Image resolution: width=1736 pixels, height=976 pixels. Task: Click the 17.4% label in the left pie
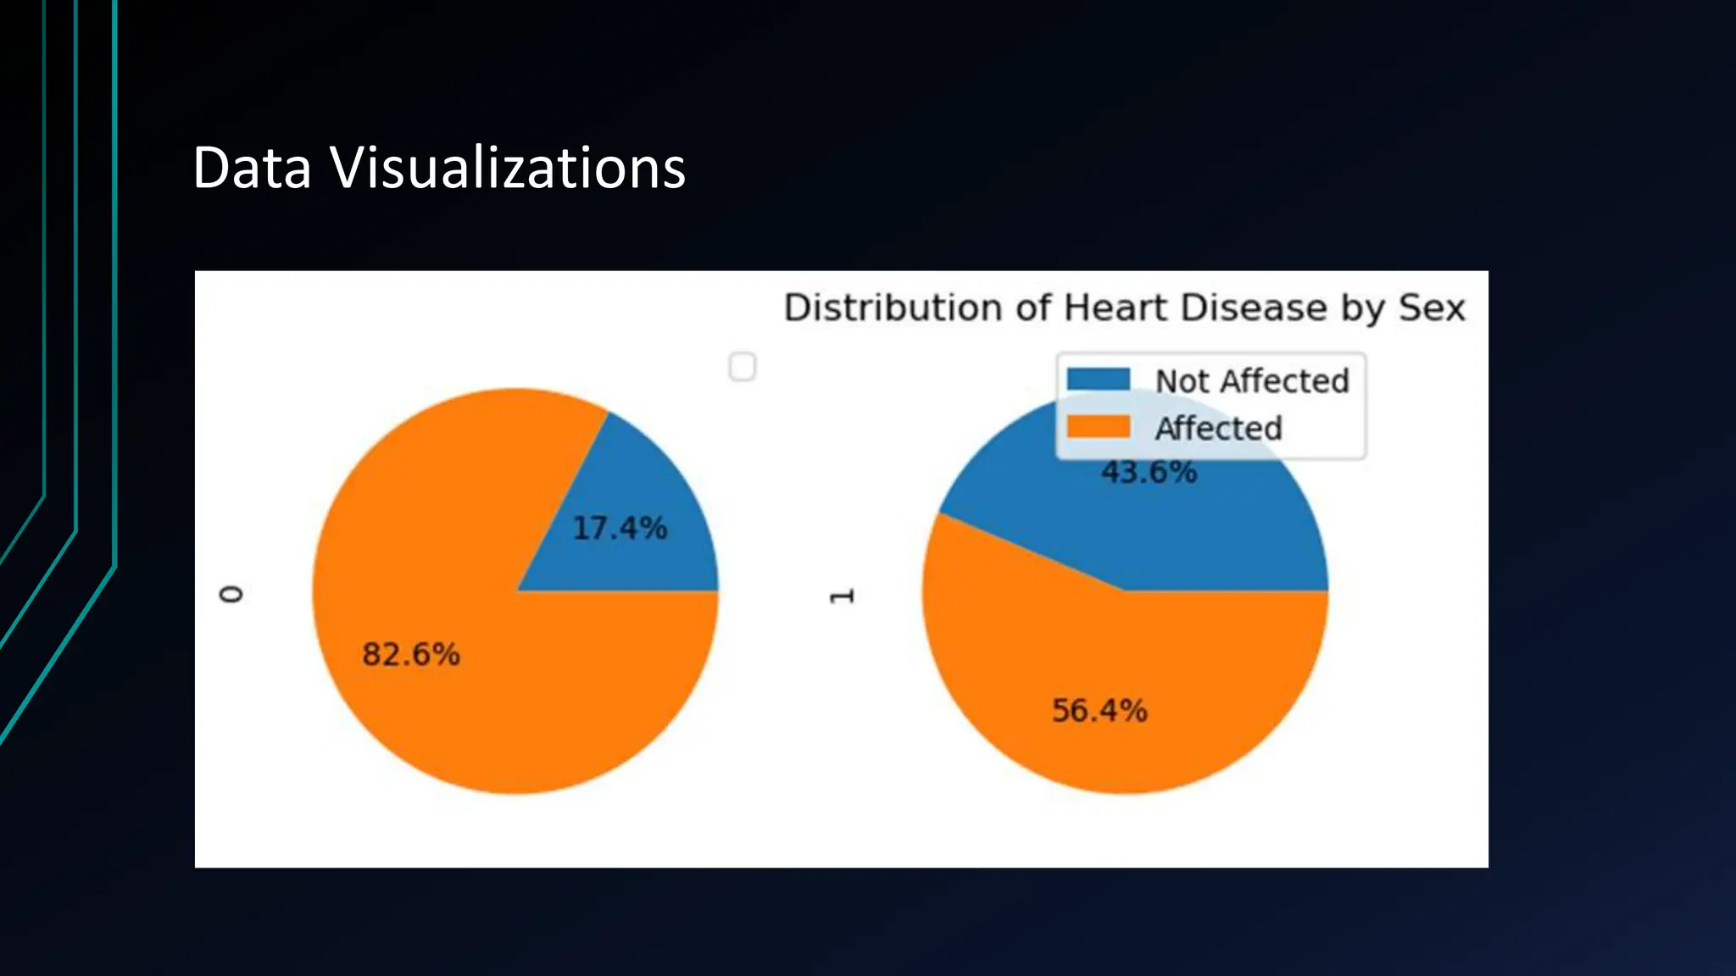pos(620,528)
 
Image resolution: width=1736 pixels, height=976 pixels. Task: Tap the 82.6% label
pos(411,654)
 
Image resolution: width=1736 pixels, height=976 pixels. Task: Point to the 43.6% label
pos(1149,472)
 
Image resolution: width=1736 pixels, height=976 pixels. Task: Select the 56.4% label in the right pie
pos(1099,710)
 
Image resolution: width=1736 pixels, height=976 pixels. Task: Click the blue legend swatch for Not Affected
pos(1099,380)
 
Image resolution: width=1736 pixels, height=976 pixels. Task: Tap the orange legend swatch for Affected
pos(1099,426)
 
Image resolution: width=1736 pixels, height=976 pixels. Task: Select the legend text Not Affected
pos(1252,381)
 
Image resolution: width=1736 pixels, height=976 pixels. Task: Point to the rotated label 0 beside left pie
pos(231,594)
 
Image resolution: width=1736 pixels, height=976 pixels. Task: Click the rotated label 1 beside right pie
pos(841,596)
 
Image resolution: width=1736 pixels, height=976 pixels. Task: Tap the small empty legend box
pos(743,367)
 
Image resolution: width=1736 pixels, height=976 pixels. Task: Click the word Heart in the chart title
pos(1117,307)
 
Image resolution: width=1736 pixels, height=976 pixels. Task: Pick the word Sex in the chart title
pos(1432,307)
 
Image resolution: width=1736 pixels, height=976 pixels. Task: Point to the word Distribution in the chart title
pos(893,307)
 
